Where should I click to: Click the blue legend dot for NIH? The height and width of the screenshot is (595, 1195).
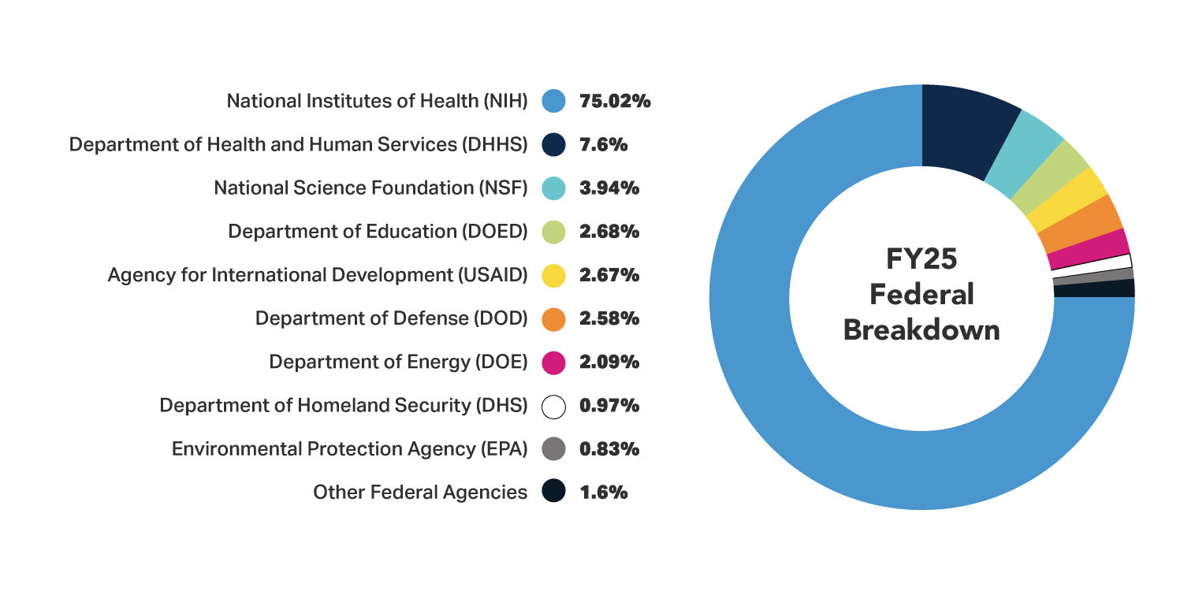click(554, 101)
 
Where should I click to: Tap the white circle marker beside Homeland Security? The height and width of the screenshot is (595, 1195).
click(554, 405)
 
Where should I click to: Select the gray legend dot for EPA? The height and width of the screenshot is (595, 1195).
click(554, 448)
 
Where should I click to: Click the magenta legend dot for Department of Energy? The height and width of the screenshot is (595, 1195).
click(554, 362)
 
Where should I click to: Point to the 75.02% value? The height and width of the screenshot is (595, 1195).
click(615, 101)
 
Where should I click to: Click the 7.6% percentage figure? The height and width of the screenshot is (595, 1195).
click(603, 144)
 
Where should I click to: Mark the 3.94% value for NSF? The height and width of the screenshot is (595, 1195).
click(609, 188)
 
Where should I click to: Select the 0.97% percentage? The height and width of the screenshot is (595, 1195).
click(609, 405)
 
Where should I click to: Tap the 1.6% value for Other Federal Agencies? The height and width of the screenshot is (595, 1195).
click(603, 492)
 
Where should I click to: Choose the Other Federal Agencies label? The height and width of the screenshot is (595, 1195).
click(420, 492)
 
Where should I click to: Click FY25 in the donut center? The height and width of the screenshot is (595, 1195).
click(921, 259)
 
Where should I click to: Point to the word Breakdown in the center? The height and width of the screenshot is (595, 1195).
click(921, 329)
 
